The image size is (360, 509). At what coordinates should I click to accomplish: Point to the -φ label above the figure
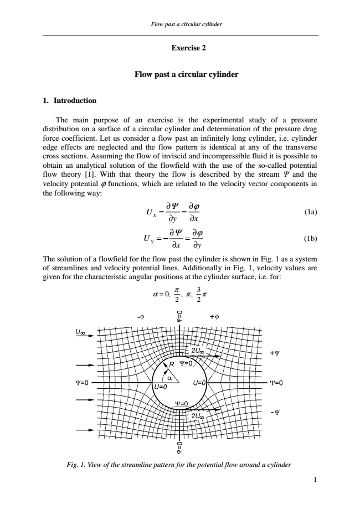141,317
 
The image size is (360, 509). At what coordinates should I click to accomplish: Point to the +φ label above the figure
215,317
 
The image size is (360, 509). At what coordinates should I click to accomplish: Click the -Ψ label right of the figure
275,412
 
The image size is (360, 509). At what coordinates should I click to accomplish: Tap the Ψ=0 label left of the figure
84,383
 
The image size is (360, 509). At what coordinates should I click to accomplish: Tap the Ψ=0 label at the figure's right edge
276,383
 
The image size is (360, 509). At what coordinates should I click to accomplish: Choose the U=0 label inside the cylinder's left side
161,386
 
